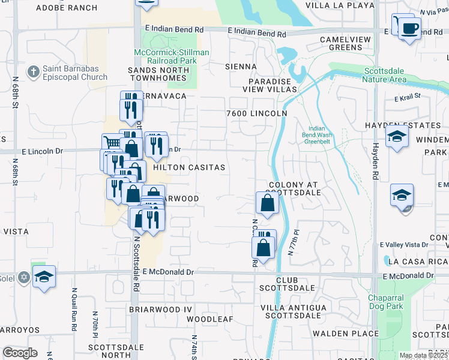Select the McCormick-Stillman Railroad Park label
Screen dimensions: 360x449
coord(172,56)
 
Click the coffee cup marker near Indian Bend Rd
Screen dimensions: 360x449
coord(410,28)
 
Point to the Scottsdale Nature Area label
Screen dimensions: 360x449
coord(385,75)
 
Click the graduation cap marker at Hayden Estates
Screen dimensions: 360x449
coord(397,137)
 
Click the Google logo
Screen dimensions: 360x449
coord(20,353)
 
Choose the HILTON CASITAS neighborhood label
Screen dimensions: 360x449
coord(189,168)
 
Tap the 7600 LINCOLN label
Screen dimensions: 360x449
coord(256,113)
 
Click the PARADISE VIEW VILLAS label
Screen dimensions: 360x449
coord(274,85)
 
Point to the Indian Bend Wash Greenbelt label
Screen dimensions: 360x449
coord(316,136)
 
